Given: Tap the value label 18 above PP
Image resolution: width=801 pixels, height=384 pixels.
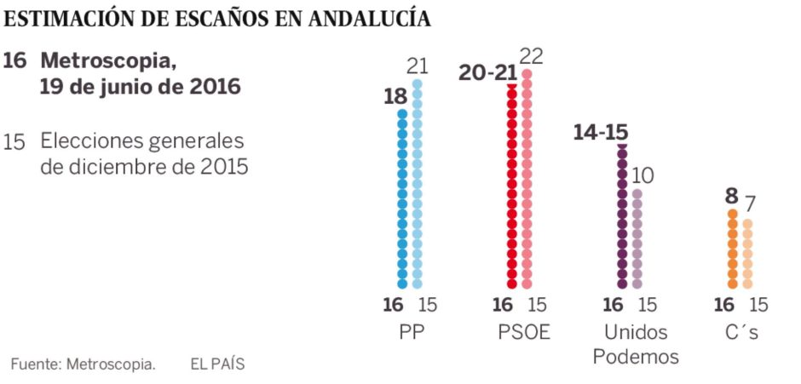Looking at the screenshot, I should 395,96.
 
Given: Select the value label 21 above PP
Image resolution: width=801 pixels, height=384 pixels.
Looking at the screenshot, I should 417,66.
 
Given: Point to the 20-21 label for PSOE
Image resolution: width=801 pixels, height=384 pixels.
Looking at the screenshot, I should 487,72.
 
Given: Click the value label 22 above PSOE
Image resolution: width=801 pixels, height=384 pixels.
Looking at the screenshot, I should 531,56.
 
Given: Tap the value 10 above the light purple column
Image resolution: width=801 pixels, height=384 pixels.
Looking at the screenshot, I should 643,176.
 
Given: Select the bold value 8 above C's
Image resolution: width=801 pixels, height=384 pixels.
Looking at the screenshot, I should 731,197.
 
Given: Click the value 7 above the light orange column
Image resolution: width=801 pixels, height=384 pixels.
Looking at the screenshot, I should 748,204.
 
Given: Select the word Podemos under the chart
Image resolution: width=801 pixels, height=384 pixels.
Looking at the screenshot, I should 636,356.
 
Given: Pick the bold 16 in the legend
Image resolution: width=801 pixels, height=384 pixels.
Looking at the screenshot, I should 15,61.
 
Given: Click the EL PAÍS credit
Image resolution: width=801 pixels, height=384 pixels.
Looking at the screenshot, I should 217,364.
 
